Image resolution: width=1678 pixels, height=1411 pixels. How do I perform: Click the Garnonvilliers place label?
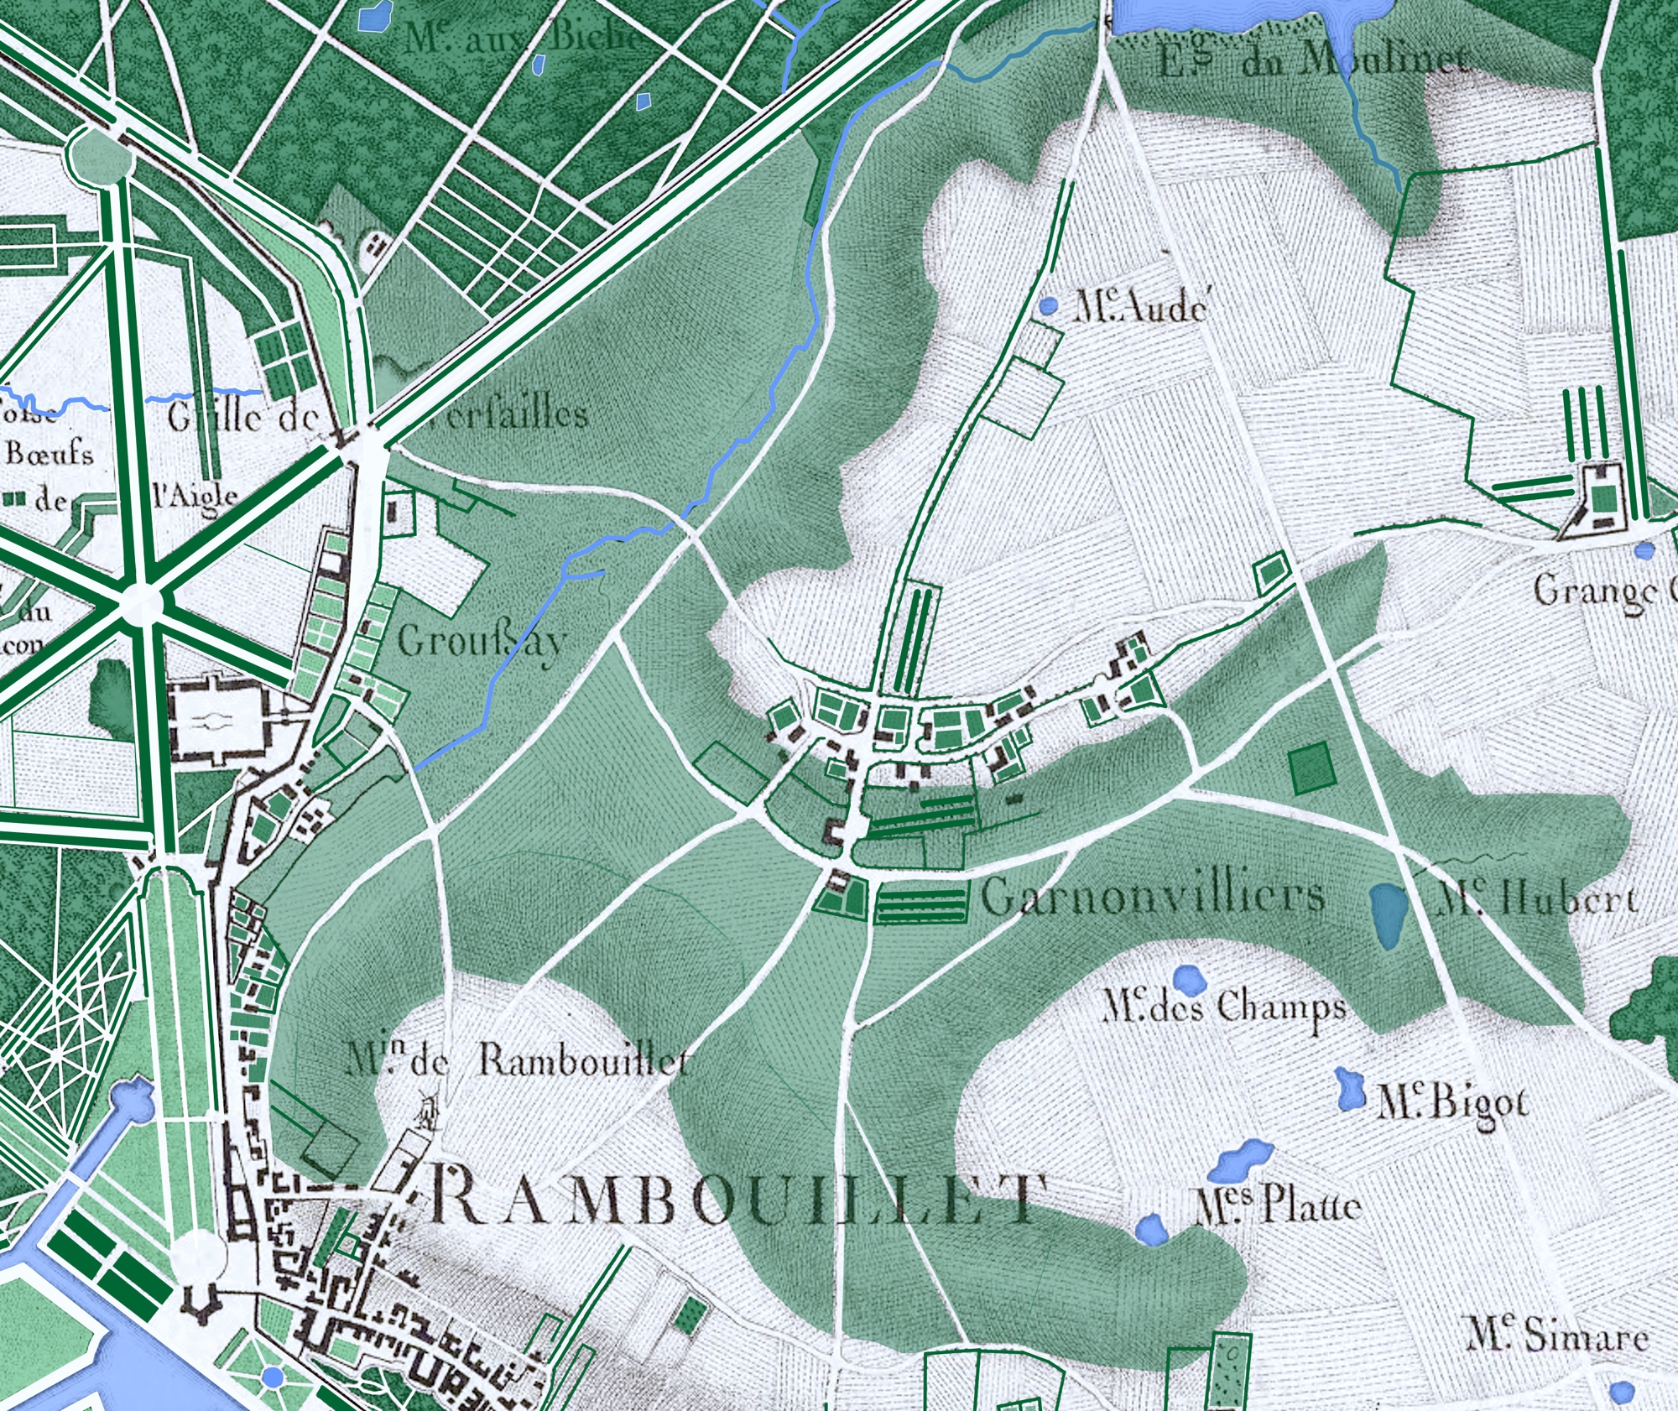point(1153,897)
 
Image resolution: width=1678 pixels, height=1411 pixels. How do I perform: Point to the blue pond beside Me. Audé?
point(1047,306)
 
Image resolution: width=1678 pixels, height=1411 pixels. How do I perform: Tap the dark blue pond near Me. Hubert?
point(1389,914)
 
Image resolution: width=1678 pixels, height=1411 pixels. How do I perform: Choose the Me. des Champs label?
point(1223,1007)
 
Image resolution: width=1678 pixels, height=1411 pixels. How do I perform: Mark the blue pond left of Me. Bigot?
point(1349,1089)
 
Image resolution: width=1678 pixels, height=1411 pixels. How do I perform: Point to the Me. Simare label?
point(1556,1335)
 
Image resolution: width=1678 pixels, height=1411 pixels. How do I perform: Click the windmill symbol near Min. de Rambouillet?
point(429,1112)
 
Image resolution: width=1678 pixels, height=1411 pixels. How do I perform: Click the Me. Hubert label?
point(1535,899)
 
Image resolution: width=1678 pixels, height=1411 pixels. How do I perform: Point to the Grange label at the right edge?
point(1598,592)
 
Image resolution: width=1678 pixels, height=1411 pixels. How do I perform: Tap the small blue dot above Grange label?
point(1644,551)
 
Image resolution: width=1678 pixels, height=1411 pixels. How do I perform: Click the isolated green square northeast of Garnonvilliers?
point(1312,768)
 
